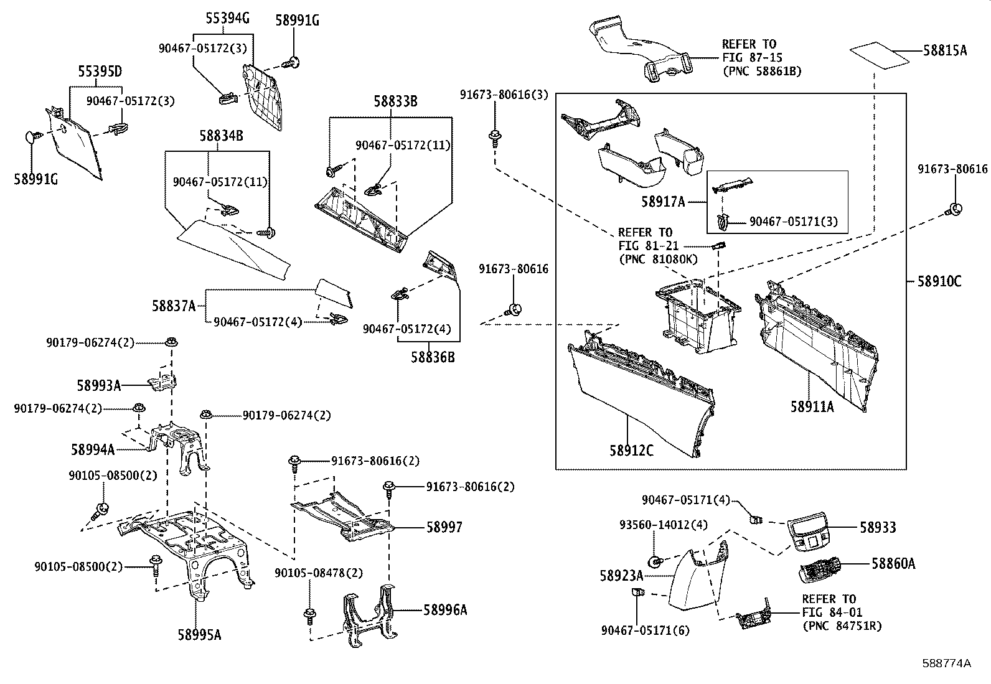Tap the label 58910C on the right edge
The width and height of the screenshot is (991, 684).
click(x=939, y=281)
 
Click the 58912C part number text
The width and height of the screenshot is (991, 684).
click(x=631, y=451)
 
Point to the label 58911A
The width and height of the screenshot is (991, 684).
click(x=812, y=407)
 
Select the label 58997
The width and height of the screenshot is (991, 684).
click(x=444, y=527)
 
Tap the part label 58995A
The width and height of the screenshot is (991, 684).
click(x=199, y=635)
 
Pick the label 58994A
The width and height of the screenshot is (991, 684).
click(x=93, y=449)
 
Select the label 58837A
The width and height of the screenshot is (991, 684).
click(x=174, y=306)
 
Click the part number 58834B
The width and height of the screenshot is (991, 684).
click(x=221, y=135)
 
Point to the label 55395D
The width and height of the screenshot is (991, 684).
click(x=100, y=71)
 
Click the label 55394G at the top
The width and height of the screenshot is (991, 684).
click(x=228, y=19)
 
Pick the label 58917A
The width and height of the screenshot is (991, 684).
click(x=662, y=202)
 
